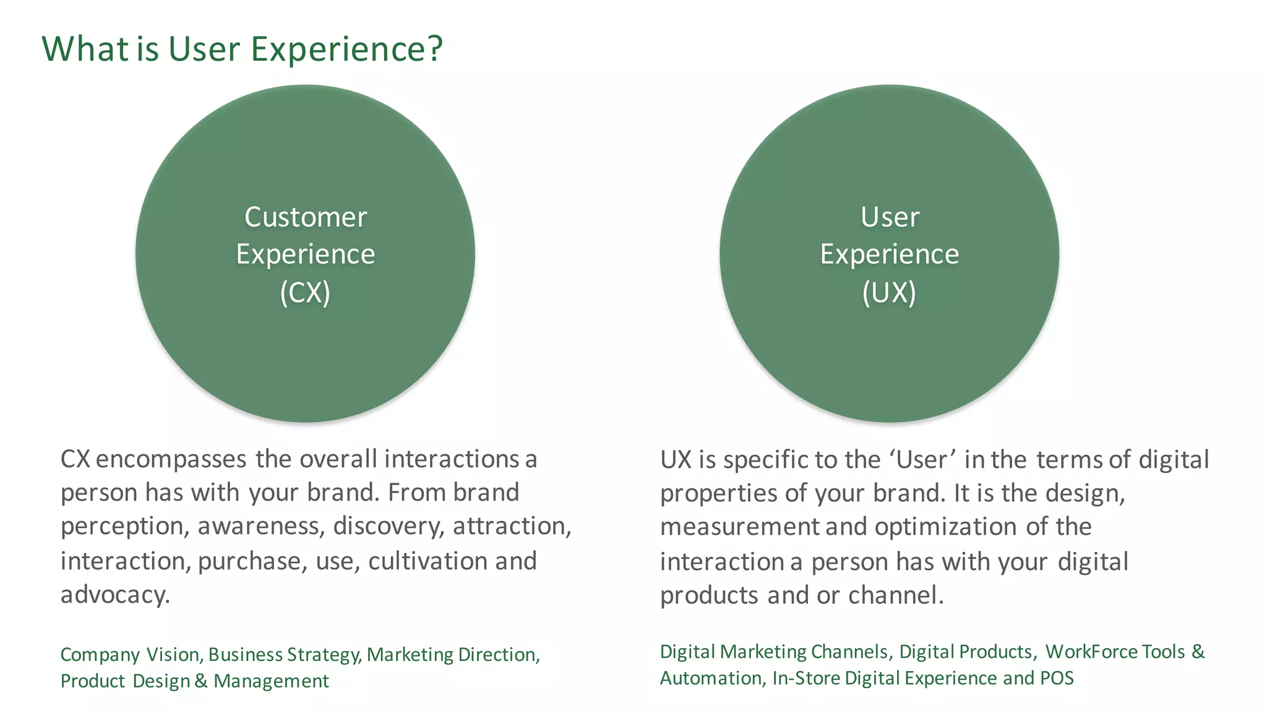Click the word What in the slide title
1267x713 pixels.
click(x=85, y=49)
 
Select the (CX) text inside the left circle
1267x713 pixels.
click(x=305, y=293)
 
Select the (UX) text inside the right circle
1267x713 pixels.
click(x=889, y=293)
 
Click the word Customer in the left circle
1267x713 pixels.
click(x=306, y=217)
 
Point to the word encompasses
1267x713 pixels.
click(x=171, y=459)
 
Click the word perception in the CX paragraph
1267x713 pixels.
click(x=122, y=527)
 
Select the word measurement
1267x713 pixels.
click(x=739, y=527)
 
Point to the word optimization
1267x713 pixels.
click(x=945, y=527)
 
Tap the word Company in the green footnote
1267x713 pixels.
click(x=100, y=655)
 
